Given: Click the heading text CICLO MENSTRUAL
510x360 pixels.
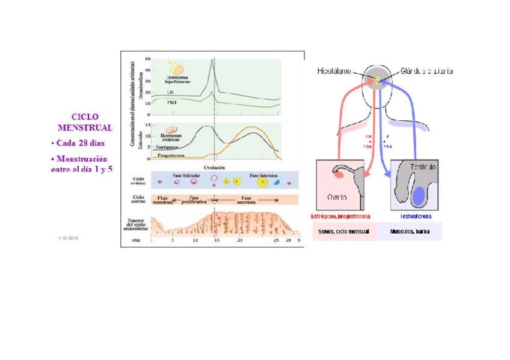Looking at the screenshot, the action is click(85, 122).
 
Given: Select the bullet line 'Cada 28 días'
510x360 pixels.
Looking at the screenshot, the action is click(79, 142).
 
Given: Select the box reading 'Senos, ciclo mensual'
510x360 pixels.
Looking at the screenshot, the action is click(345, 231).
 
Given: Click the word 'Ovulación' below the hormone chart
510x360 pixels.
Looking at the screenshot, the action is click(215, 168).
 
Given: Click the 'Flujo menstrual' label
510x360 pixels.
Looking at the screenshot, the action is click(164, 200).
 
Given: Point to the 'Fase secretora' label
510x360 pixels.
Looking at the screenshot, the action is click(247, 200).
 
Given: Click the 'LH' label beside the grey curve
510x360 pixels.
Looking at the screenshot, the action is click(171, 92).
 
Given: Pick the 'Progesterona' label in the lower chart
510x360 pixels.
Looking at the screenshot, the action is click(171, 155).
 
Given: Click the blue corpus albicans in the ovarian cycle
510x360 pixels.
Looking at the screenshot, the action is click(277, 182).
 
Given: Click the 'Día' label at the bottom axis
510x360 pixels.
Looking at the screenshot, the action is click(135, 239).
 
